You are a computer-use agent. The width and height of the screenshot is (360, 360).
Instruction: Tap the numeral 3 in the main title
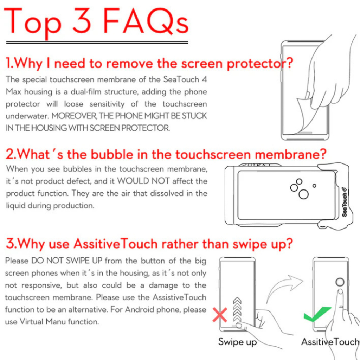[x=82, y=21]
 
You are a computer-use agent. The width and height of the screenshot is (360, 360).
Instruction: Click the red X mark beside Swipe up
[x=220, y=315]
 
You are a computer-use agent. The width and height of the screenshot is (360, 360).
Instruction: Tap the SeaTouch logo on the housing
[x=345, y=202]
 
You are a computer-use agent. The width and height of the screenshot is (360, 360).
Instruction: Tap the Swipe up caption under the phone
[x=237, y=342]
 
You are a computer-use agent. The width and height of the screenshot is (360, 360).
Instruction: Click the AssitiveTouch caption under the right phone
[x=330, y=342]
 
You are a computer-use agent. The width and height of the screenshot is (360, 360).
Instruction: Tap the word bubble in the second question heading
[x=112, y=154]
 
